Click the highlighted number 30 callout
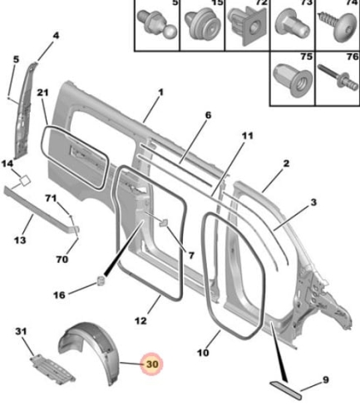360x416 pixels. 151,364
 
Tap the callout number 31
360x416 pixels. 21,331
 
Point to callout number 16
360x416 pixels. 59,295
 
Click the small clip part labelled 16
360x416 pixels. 101,280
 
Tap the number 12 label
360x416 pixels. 141,321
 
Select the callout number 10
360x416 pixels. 203,353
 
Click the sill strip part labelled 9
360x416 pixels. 286,390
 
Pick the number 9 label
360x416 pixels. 325,379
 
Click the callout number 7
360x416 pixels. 191,255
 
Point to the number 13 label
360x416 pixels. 20,240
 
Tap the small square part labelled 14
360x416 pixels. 25,181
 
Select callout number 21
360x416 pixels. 42,92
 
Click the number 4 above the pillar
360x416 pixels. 56,36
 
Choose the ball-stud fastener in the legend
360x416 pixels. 156,24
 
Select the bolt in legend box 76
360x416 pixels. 338,77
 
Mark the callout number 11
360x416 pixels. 247,136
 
